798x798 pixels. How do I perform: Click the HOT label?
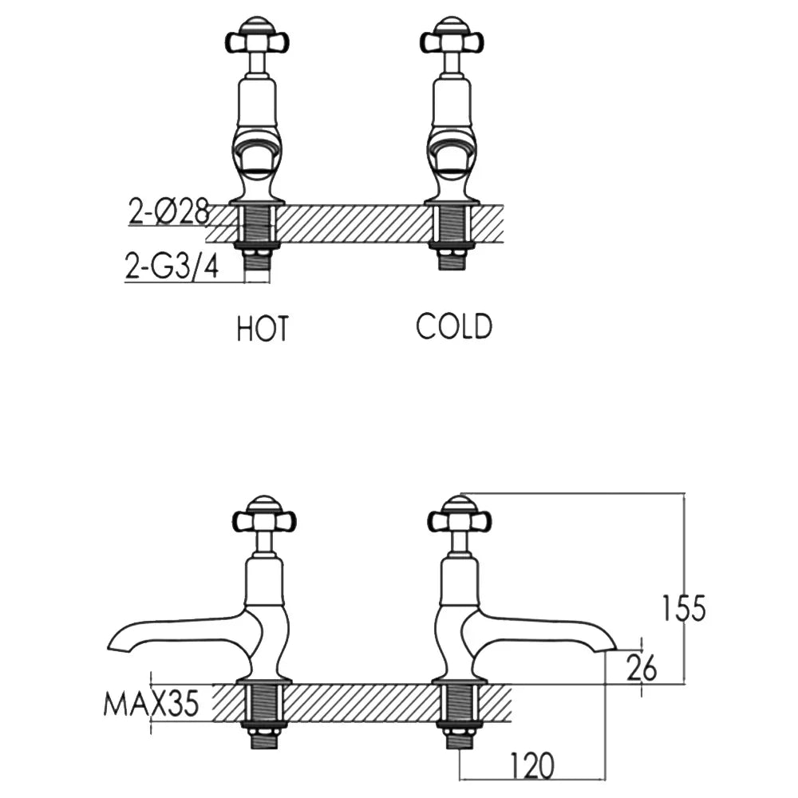click(262, 328)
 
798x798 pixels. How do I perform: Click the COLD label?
click(454, 326)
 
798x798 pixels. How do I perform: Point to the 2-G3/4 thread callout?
click(172, 265)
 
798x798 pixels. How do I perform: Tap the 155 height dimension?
click(684, 607)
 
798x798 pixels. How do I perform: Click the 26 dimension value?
click(642, 668)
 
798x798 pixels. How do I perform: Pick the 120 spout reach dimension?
click(531, 765)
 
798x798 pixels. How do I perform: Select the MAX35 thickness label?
click(151, 705)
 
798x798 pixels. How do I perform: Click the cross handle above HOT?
click(258, 38)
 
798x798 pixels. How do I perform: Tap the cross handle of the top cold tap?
click(452, 38)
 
